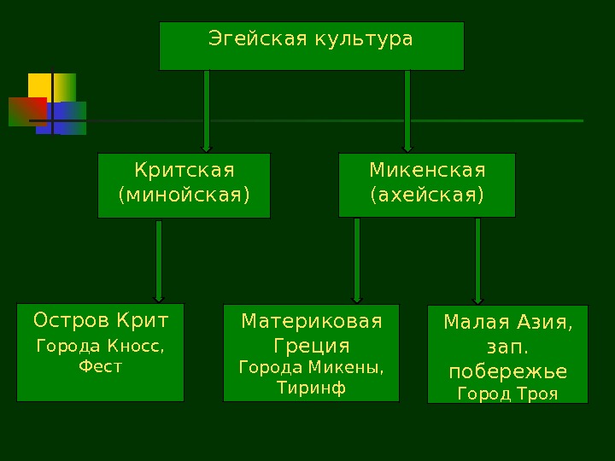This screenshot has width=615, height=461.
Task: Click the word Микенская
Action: (x=427, y=170)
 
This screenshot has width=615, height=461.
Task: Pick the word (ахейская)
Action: (x=427, y=195)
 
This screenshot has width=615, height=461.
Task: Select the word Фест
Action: (x=100, y=367)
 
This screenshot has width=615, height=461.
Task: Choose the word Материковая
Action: (x=311, y=322)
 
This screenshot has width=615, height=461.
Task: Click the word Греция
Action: (x=311, y=347)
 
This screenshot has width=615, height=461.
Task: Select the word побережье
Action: (x=507, y=373)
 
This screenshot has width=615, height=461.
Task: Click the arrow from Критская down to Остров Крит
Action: (x=159, y=260)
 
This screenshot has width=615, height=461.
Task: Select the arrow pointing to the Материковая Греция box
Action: (x=357, y=260)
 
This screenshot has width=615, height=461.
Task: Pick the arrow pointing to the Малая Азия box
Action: (x=477, y=260)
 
